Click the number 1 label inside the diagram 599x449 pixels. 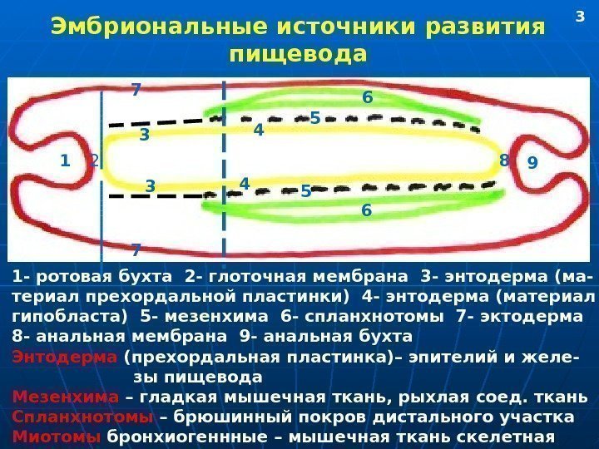tap(64, 161)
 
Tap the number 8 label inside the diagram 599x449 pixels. tap(503, 160)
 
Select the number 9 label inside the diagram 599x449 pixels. tap(532, 164)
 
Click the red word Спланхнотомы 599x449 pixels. tap(82, 416)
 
